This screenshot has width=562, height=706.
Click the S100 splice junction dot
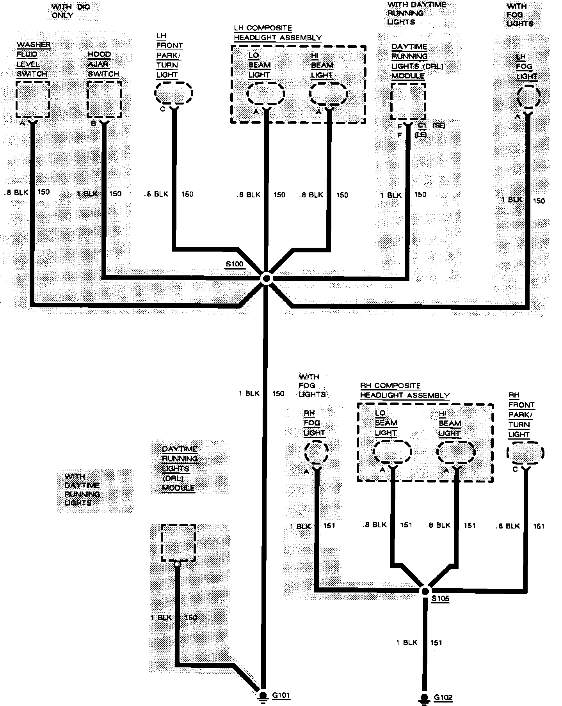click(x=267, y=278)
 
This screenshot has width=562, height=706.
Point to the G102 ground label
click(x=443, y=698)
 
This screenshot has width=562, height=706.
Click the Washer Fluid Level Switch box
click(x=33, y=99)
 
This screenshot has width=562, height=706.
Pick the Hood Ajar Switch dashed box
click(x=104, y=99)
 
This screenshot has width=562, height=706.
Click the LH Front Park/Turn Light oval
click(x=174, y=93)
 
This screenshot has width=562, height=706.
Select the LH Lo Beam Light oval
click(x=266, y=94)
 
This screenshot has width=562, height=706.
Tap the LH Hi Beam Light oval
click(x=328, y=94)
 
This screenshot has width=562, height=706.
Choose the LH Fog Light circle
click(x=529, y=97)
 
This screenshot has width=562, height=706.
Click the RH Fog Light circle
click(x=316, y=452)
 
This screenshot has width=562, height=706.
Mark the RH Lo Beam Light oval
click(x=392, y=452)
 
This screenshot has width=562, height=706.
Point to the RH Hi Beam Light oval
click(x=456, y=452)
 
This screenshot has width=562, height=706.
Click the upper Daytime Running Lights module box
click(x=408, y=101)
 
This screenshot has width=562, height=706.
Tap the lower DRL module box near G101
click(x=178, y=543)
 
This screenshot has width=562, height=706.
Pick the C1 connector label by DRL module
click(x=422, y=125)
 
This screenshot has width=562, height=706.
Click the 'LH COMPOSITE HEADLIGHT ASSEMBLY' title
click(x=277, y=33)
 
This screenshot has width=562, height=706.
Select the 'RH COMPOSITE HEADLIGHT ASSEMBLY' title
click(x=404, y=390)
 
